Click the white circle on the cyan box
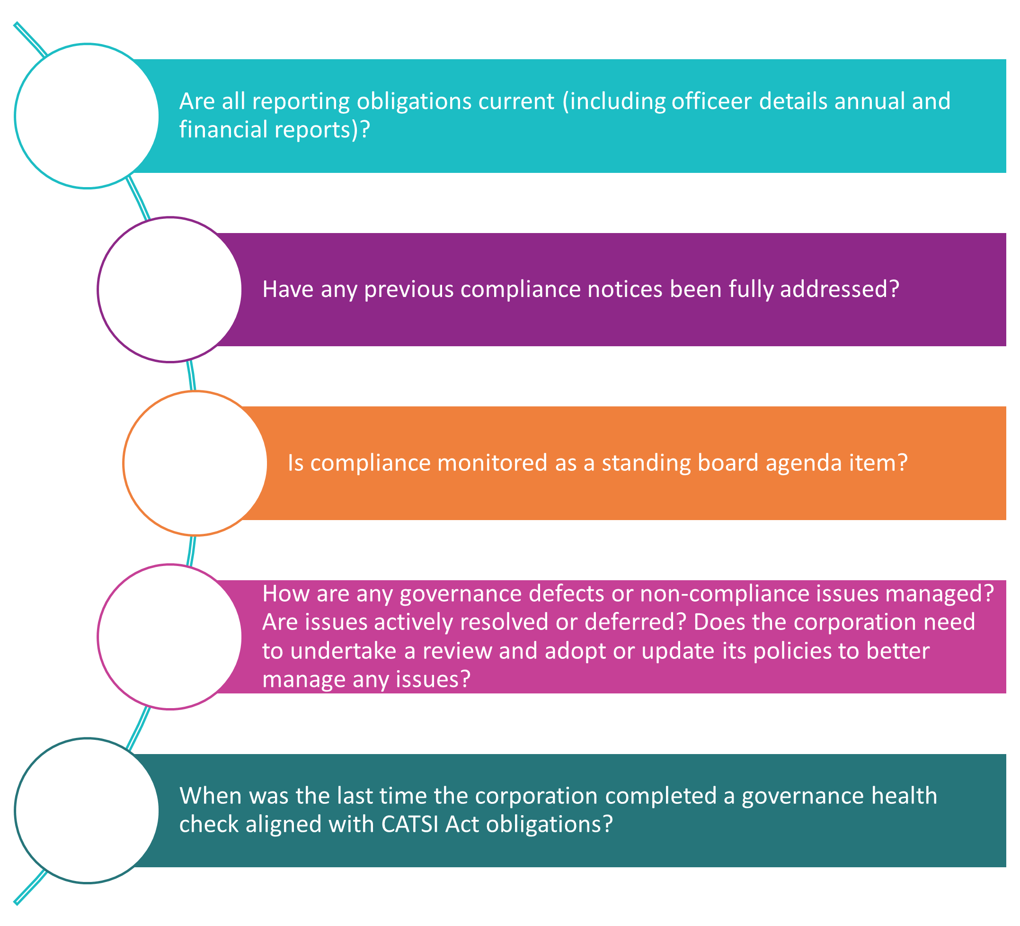(87, 116)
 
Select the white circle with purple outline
(170, 289)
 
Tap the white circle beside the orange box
(195, 463)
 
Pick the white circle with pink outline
(170, 637)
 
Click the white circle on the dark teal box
(87, 810)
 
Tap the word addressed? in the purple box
(839, 289)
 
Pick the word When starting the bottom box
(211, 795)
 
